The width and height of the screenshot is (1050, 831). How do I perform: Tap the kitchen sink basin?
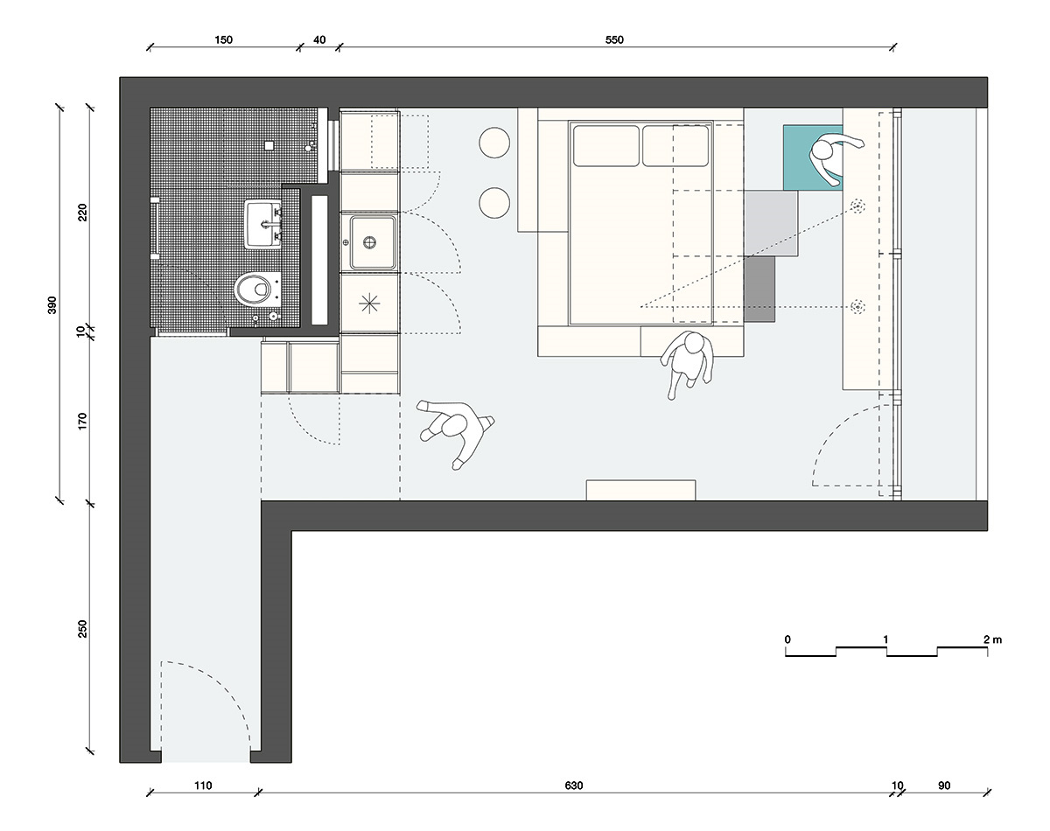(373, 242)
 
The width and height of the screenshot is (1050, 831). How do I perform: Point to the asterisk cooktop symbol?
(369, 304)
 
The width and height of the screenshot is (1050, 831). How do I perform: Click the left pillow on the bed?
(606, 146)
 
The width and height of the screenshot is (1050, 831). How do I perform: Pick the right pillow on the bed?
(675, 146)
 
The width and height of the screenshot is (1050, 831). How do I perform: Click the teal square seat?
(813, 157)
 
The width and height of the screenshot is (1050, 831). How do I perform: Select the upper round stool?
(494, 143)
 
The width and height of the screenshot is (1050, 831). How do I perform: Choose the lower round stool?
(494, 203)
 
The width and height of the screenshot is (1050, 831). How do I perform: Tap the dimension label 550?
(614, 40)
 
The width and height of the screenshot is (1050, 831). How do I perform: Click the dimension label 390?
(52, 305)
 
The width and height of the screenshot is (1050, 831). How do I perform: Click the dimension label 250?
(82, 628)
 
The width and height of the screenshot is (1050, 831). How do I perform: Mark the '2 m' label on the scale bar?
(992, 639)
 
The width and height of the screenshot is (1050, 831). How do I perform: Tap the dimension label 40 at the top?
(319, 40)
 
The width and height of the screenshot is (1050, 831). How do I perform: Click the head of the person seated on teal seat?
(822, 150)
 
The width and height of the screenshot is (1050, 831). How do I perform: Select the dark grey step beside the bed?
(759, 290)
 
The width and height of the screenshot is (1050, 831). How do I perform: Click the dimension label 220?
(82, 213)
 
